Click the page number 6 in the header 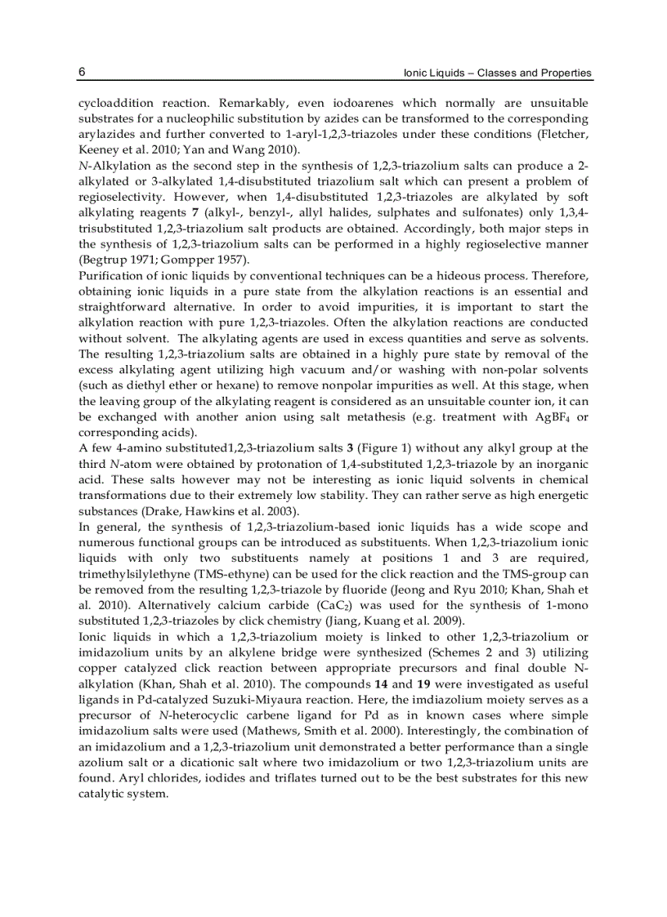pyautogui.click(x=83, y=72)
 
